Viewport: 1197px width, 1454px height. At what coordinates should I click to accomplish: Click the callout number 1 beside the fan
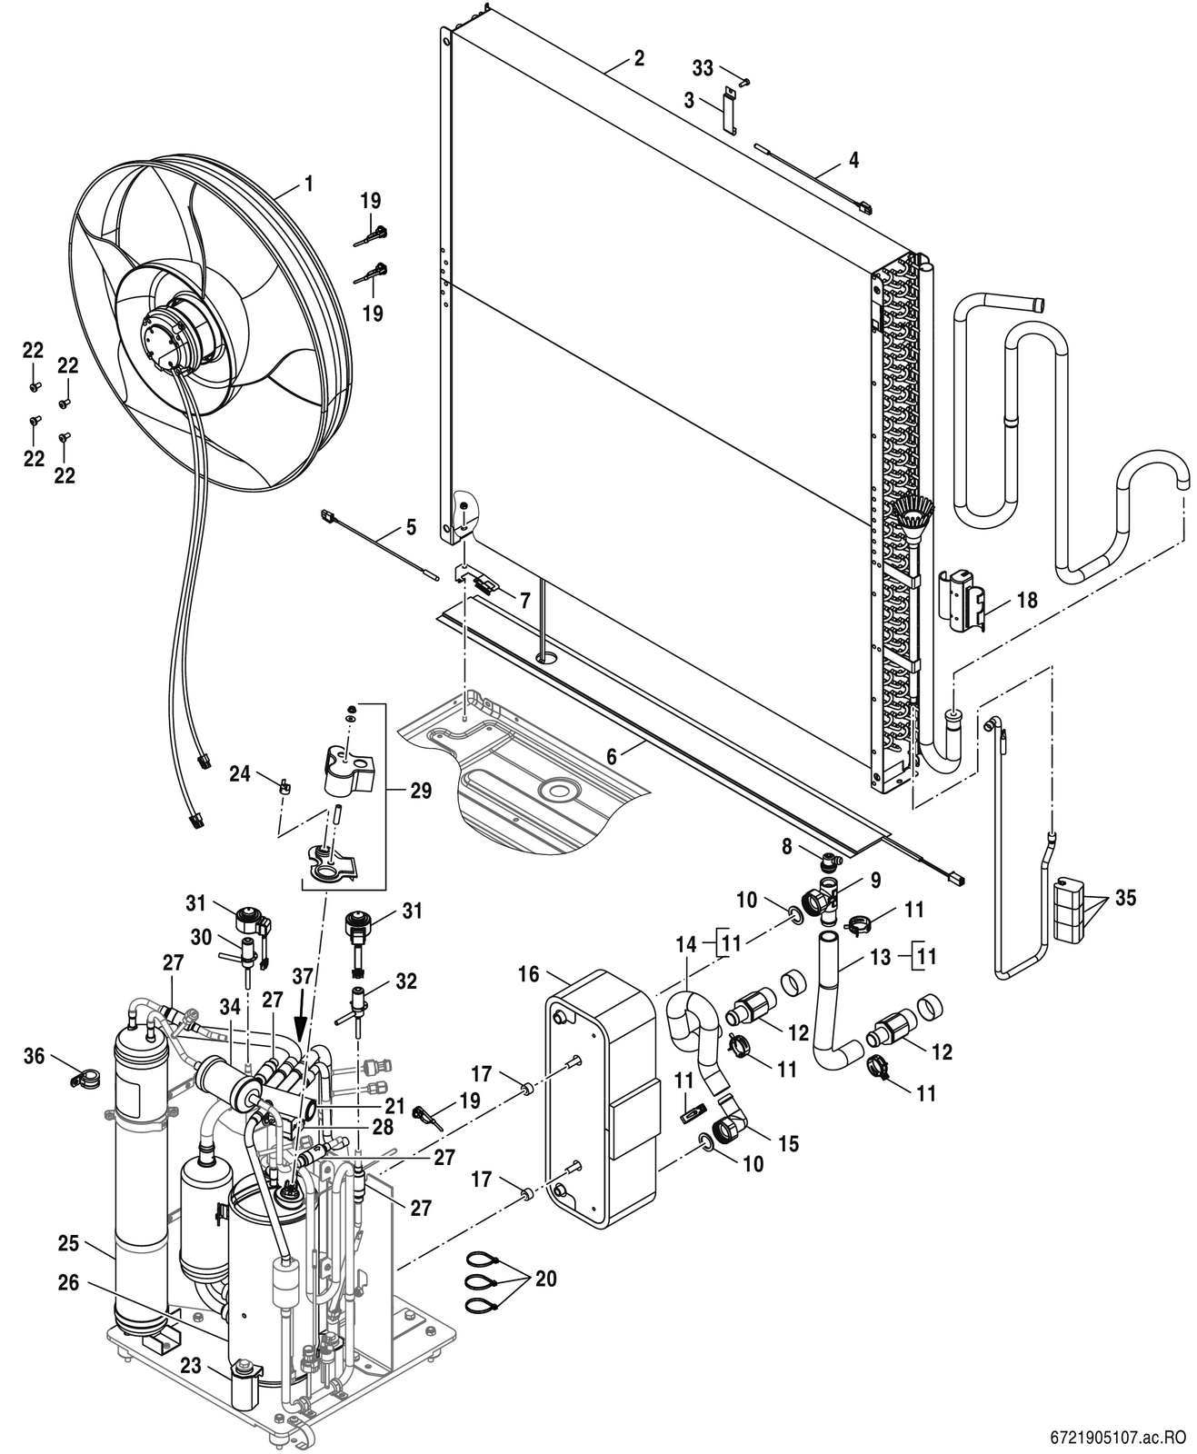(x=309, y=184)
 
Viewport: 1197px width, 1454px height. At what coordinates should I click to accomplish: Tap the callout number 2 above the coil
(x=639, y=58)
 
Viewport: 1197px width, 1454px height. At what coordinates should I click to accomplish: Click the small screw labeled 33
(x=743, y=82)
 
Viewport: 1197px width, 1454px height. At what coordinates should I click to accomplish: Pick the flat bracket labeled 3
(x=728, y=109)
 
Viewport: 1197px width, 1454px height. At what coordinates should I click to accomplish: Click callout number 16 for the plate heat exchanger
(x=529, y=974)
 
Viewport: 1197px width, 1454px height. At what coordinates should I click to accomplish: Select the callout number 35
(x=1124, y=898)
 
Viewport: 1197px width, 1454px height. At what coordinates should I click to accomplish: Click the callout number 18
(x=1027, y=601)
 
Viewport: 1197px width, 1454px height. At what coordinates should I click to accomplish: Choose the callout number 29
(x=421, y=791)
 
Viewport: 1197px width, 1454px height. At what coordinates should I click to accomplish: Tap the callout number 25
(x=69, y=1244)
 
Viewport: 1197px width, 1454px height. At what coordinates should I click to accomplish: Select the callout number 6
(x=611, y=755)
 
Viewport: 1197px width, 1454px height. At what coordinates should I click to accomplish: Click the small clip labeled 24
(x=283, y=786)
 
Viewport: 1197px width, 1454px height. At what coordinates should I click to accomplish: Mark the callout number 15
(x=788, y=1144)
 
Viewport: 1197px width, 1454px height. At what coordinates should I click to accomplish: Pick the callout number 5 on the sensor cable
(x=411, y=528)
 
